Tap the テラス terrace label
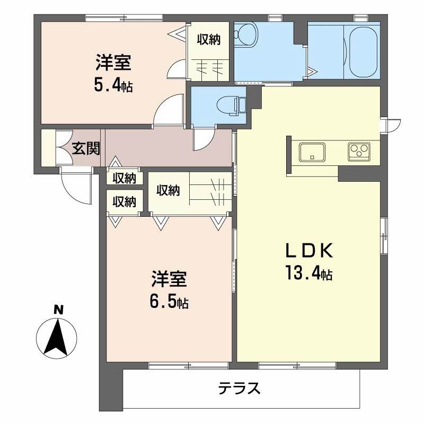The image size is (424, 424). point(240,388)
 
